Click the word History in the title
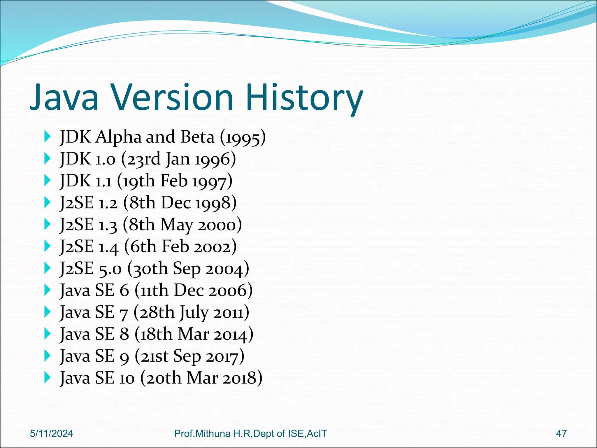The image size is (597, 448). [305, 98]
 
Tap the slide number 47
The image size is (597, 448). [561, 433]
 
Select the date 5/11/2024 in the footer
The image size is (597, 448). [52, 433]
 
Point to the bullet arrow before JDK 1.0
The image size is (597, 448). [47, 159]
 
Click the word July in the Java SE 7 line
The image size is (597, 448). [194, 313]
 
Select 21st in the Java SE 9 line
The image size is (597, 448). [154, 356]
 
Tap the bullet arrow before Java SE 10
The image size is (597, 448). [47, 378]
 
